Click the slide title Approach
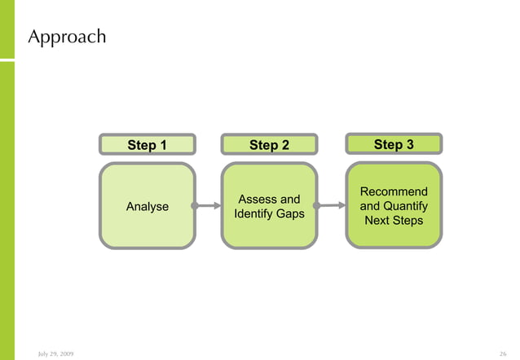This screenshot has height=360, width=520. click(x=67, y=37)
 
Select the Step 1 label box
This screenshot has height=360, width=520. click(x=148, y=145)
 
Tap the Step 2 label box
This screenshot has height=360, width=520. click(x=269, y=145)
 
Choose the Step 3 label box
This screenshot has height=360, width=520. click(x=394, y=144)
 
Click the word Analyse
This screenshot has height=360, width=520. click(x=148, y=207)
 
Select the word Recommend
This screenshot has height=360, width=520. click(x=394, y=191)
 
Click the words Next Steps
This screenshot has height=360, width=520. click(x=394, y=221)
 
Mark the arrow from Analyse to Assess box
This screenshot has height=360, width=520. click(x=209, y=206)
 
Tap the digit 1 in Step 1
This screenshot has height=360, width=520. click(x=163, y=145)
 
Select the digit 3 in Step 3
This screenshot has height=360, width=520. click(x=409, y=144)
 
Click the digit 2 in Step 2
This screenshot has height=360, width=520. click(x=285, y=145)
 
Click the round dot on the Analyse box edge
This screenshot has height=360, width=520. click(x=195, y=206)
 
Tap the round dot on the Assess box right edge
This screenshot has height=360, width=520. click(x=317, y=206)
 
